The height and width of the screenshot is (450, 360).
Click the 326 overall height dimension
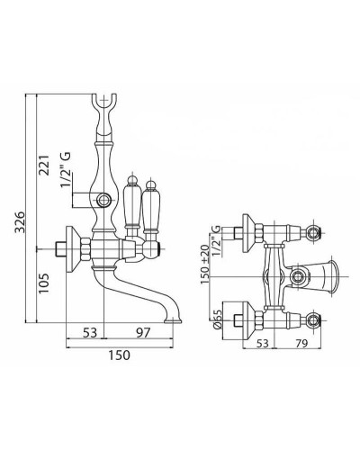(x=20, y=222)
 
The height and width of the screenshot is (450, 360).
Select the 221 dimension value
(x=44, y=166)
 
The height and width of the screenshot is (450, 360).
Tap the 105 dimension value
(x=44, y=283)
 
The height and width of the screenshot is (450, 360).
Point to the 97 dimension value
(x=142, y=333)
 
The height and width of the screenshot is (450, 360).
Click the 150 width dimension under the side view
(x=120, y=355)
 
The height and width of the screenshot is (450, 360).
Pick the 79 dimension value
(x=301, y=344)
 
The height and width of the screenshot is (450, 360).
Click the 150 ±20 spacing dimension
(x=205, y=265)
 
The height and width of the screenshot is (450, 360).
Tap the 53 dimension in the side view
(x=89, y=333)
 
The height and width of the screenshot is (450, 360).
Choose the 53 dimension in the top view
(x=262, y=344)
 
